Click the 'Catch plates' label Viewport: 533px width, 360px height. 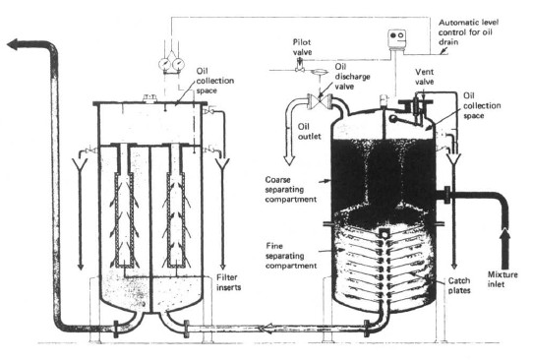(x=462, y=284)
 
